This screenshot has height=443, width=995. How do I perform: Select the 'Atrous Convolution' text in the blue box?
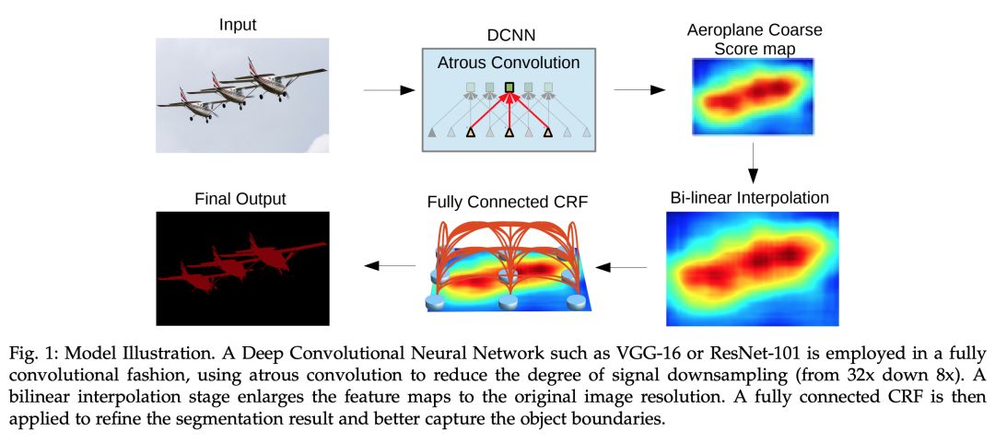coord(509,63)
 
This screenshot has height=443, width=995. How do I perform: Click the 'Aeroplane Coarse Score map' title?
coord(754,38)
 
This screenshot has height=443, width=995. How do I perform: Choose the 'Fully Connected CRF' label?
coord(508,203)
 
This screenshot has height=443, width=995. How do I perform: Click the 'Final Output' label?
coord(241,198)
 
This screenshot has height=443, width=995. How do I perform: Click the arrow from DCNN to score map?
coord(639,90)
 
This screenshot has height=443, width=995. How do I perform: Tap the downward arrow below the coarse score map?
coord(753,163)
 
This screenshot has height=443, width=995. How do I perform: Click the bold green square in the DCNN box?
coord(509,88)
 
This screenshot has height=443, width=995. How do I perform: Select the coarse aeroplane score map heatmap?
coord(753,95)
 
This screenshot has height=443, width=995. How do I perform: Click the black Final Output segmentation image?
coord(242,267)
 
